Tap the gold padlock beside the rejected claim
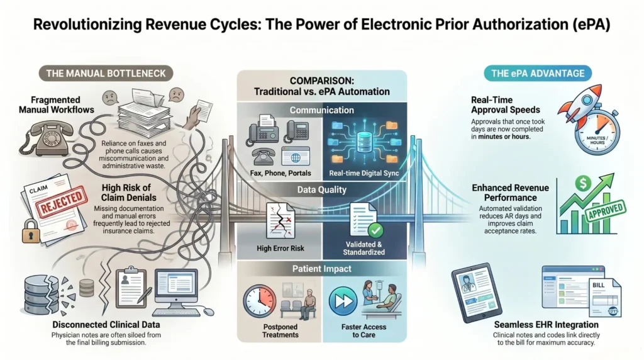tap(31, 231)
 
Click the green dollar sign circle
tap(583, 183)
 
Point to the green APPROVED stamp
tap(606, 210)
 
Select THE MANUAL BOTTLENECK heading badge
tap(106, 74)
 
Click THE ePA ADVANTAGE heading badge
tap(538, 74)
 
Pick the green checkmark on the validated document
tap(375, 230)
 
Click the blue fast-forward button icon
tap(343, 301)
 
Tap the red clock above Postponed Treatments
tap(260, 301)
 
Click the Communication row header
tap(322, 110)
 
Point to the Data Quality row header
tap(322, 190)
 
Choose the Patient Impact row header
tap(322, 269)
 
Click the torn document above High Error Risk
tap(280, 221)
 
